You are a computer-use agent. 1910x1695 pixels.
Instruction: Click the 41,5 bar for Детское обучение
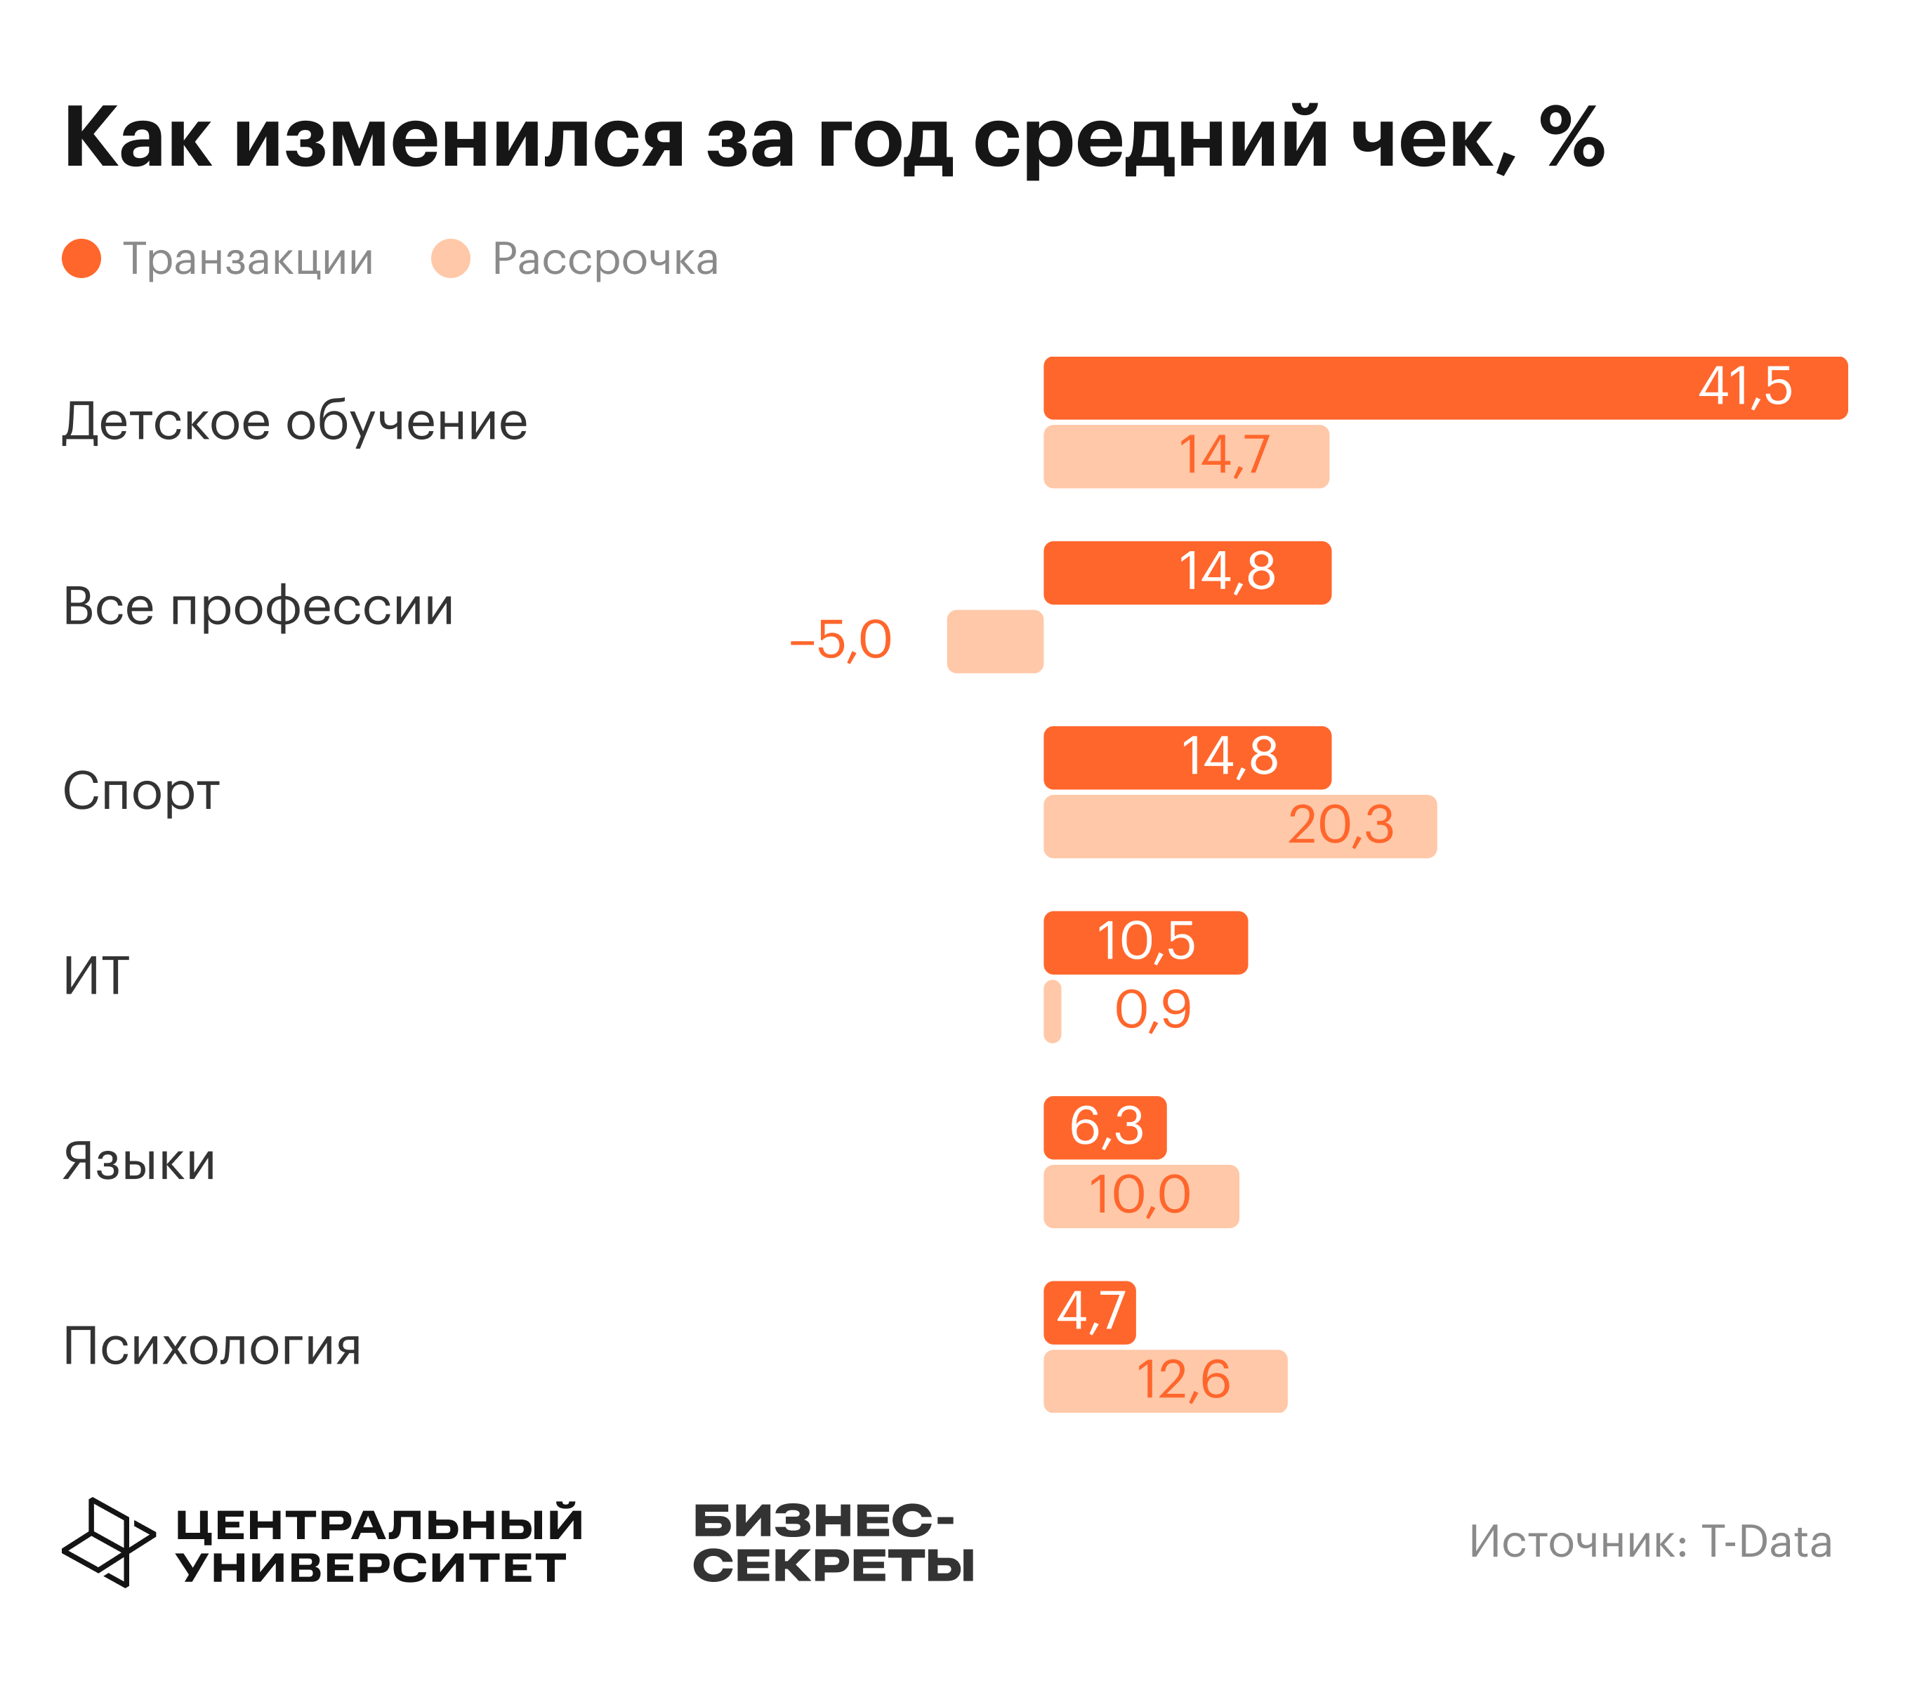(1444, 388)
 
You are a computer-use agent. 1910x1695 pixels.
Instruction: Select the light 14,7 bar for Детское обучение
(1186, 456)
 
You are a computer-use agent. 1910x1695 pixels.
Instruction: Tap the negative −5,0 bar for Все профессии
(995, 641)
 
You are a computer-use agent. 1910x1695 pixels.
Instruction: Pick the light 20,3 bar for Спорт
(1240, 826)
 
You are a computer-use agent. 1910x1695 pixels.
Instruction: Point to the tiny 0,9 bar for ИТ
(1052, 1011)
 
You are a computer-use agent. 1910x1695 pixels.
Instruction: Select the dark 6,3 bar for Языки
(1105, 1128)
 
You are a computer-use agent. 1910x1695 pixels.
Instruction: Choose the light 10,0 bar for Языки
(1141, 1196)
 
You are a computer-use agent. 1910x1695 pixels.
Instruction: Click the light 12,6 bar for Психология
(1165, 1381)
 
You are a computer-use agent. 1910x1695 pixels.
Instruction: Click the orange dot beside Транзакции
(81, 259)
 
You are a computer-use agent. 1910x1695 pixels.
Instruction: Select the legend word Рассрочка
(605, 259)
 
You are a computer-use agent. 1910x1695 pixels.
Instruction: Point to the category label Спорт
(141, 791)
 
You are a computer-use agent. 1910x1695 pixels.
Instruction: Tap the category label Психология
(211, 1347)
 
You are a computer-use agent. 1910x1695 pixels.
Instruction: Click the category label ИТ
(95, 977)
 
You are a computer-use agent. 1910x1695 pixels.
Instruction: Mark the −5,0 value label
(840, 641)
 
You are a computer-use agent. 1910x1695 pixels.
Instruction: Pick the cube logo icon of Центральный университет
(108, 1542)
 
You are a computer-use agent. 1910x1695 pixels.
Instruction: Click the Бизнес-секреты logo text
(833, 1543)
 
